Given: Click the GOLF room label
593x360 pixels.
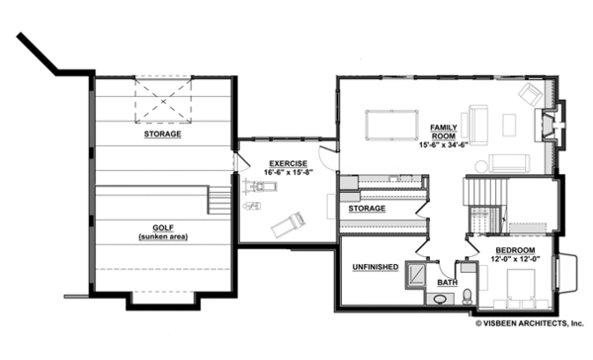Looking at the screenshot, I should tap(163, 228).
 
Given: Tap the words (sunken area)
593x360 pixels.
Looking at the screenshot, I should tap(163, 238).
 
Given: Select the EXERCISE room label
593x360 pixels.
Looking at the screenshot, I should tap(287, 162).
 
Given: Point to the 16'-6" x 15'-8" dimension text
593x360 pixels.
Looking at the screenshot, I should tap(287, 172).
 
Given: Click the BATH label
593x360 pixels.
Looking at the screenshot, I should tap(447, 284).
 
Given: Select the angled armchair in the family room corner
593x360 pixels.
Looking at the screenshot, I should tap(530, 95).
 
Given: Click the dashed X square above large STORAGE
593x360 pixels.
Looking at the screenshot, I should tap(163, 99).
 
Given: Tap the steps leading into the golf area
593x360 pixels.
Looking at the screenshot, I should tap(215, 204).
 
